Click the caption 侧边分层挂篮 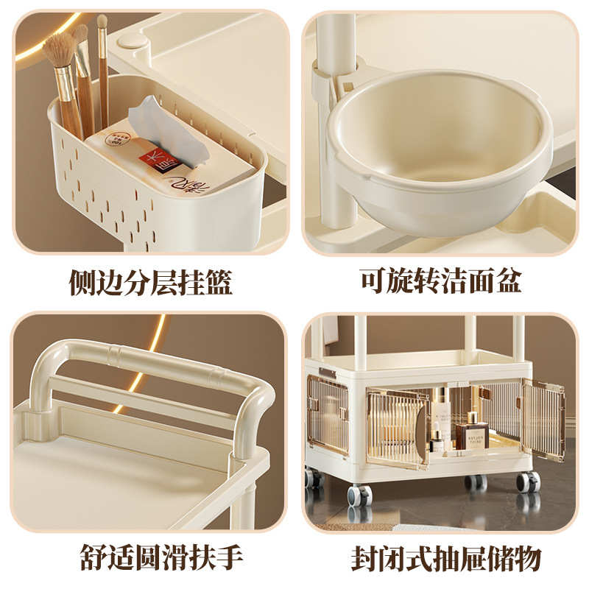(x=150, y=282)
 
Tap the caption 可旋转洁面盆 (x=440, y=282)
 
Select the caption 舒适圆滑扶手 (x=150, y=557)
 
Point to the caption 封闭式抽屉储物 (x=440, y=557)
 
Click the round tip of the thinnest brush (x=102, y=21)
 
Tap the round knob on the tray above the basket (x=132, y=41)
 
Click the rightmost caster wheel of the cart (x=527, y=482)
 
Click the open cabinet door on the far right (x=544, y=420)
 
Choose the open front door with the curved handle (x=398, y=427)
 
